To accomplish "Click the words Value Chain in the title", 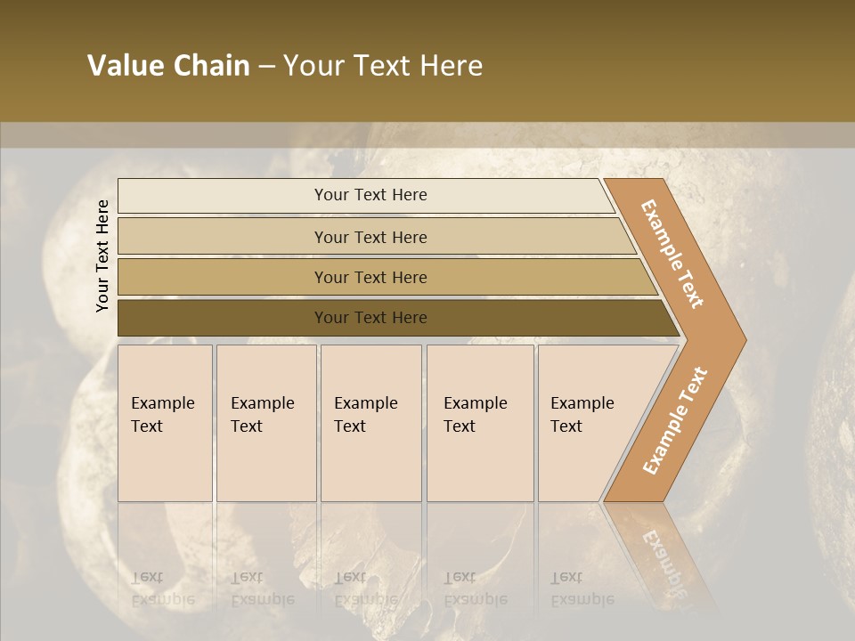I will point(168,66).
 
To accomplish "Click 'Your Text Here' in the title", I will point(383,66).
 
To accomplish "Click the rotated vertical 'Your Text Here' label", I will point(102,256).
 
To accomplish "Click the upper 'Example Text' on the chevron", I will point(672,254).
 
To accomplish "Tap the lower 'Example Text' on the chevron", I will point(675,421).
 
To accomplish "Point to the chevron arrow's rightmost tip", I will point(745,340).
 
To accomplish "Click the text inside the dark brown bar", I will point(370,318).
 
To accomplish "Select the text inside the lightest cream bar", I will point(370,195).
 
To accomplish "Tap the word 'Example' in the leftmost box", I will point(163,403).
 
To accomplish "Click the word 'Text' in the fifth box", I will point(566,426).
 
